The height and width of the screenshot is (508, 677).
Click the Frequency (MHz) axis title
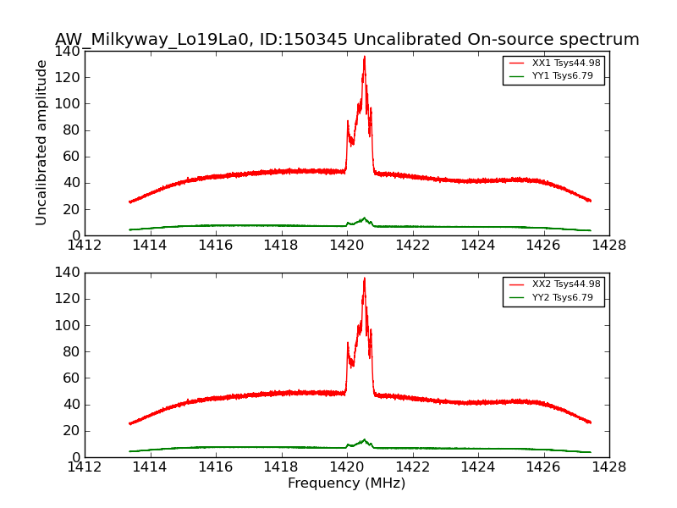(346, 483)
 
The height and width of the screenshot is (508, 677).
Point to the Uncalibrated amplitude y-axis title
(41, 142)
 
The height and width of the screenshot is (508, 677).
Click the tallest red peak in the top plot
(364, 58)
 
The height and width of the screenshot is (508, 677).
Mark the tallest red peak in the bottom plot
(364, 279)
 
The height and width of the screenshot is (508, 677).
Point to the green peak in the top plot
(364, 218)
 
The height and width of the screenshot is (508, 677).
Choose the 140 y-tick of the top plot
(70, 51)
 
